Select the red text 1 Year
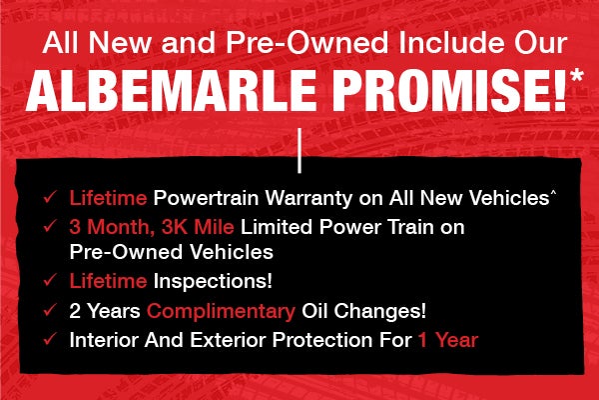tap(447, 340)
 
